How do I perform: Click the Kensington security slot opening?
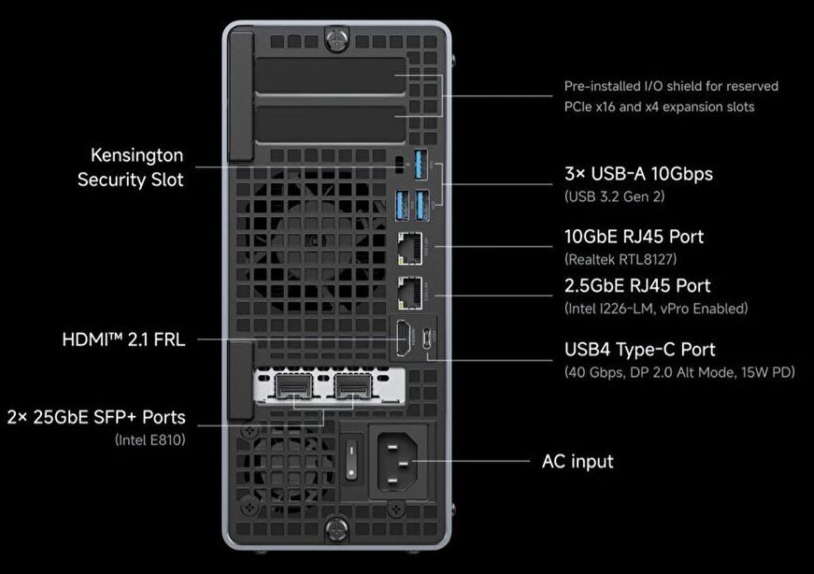399,165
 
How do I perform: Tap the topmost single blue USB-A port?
421,165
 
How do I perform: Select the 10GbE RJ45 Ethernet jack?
410,249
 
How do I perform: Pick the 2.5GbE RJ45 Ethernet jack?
410,294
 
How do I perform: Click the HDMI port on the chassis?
404,338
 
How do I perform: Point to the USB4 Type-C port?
428,338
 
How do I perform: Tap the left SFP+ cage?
293,386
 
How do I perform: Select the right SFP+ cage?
353,386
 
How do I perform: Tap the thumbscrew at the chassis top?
336,39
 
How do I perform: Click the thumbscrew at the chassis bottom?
336,530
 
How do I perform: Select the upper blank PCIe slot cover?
330,76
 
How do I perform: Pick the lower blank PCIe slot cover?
330,124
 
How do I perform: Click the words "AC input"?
578,461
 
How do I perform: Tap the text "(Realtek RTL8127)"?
621,259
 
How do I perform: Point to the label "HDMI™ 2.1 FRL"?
123,339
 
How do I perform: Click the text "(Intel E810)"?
150,440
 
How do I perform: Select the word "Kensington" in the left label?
137,155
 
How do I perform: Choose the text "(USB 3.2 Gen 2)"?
615,196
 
